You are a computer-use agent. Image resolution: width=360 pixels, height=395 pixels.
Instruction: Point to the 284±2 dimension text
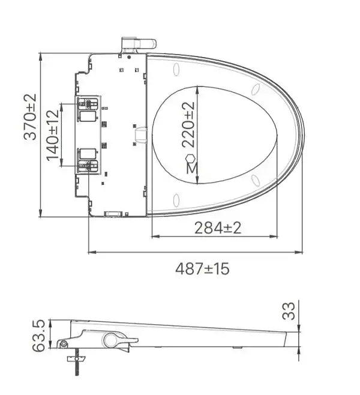click(x=217, y=228)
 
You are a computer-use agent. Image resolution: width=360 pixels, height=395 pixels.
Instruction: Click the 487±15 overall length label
click(x=202, y=268)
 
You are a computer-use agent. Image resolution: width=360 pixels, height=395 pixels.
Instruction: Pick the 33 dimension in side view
click(x=289, y=310)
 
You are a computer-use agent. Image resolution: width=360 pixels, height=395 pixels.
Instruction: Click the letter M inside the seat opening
click(x=191, y=169)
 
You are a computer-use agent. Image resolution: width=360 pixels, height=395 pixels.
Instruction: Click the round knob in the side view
click(x=112, y=340)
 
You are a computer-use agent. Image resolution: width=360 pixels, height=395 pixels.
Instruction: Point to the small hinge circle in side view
click(x=64, y=344)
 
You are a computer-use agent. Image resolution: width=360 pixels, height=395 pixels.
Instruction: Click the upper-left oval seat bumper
click(x=176, y=70)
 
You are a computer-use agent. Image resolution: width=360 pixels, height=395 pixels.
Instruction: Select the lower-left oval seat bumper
click(x=176, y=199)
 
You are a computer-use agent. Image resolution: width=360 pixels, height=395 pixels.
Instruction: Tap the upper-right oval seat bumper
click(x=256, y=90)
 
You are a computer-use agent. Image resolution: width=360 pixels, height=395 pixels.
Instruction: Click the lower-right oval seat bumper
click(x=256, y=179)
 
